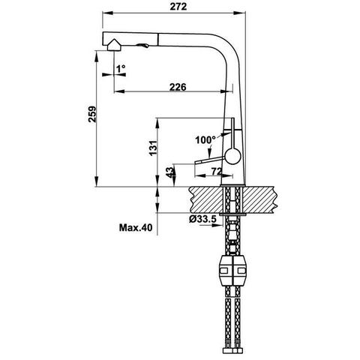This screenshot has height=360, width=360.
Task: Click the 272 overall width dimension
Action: click(x=178, y=7)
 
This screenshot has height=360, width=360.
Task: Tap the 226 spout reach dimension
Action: click(x=178, y=87)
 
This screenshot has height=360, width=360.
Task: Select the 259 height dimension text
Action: click(x=92, y=114)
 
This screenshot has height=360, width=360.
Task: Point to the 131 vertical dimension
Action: click(x=153, y=148)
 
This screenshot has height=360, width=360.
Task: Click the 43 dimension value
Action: click(x=169, y=172)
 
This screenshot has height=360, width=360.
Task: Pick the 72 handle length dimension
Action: click(x=217, y=172)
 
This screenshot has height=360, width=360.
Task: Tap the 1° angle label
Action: click(x=121, y=68)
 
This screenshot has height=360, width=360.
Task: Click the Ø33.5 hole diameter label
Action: click(x=202, y=219)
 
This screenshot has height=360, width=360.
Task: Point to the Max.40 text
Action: click(x=136, y=228)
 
